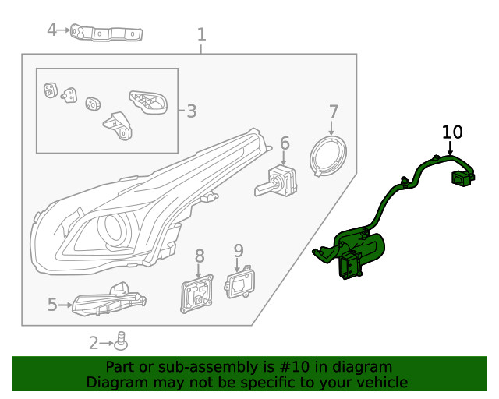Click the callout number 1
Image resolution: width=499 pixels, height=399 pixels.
tap(202, 34)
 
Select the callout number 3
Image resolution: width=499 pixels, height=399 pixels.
tap(191, 111)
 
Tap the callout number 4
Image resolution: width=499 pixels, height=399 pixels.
tap(51, 30)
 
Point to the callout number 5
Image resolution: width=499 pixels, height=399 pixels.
tap(52, 305)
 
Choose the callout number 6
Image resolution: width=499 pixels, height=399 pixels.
tap(285, 143)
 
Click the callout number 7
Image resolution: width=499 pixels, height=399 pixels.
tap(333, 111)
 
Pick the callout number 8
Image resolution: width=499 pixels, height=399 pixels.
tap(199, 255)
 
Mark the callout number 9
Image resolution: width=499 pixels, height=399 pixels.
tap(239, 250)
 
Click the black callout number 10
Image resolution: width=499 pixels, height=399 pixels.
tap(452, 132)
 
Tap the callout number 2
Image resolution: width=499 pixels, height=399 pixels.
tap(94, 342)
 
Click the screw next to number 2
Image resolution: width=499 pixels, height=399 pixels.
tap(121, 341)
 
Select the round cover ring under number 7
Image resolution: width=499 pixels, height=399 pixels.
tap(329, 154)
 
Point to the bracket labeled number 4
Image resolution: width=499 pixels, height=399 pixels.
tap(109, 34)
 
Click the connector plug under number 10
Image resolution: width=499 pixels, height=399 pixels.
tap(462, 178)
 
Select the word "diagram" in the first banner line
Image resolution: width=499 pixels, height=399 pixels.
tap(362, 367)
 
